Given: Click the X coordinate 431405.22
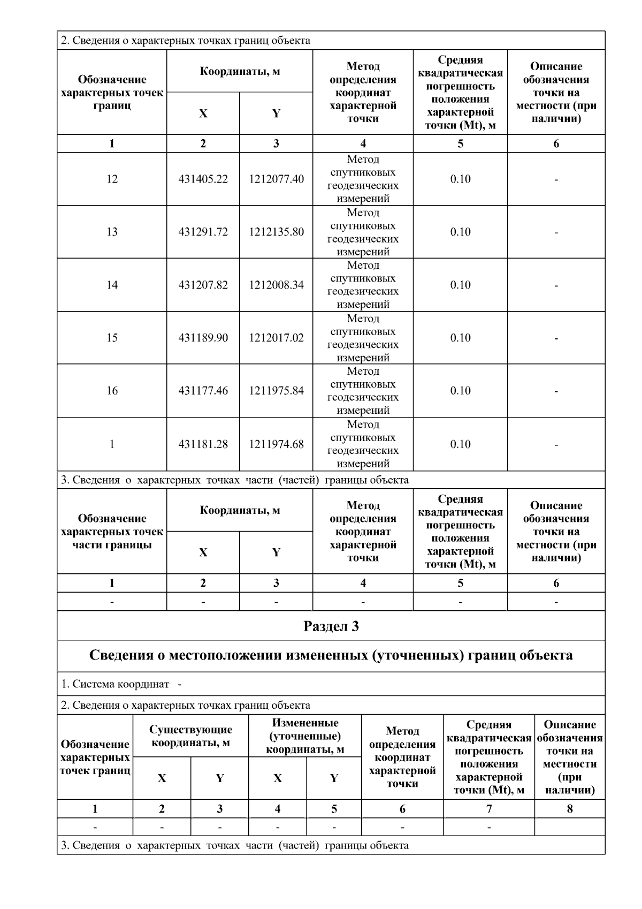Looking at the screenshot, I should (x=203, y=179).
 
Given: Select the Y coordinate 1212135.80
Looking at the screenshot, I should (x=276, y=232).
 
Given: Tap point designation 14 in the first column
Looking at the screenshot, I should (x=112, y=285).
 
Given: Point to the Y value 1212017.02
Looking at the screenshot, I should (x=276, y=338).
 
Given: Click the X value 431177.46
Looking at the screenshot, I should (x=203, y=391).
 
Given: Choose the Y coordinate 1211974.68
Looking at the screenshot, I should (x=276, y=444).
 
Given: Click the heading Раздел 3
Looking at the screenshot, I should (x=331, y=626).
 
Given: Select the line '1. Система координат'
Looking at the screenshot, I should (x=115, y=684).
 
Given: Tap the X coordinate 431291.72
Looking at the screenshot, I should (x=203, y=232).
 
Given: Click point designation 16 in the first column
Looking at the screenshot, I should (x=112, y=391).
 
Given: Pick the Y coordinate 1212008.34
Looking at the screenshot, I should (x=276, y=285).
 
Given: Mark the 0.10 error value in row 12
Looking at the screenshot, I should (x=460, y=179).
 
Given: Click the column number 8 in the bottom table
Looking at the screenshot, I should (x=570, y=809).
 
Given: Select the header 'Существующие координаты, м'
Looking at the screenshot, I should (x=190, y=736).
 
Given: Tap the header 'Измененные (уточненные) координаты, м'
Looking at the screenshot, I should (x=305, y=736).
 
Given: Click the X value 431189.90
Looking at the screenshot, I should (x=203, y=338).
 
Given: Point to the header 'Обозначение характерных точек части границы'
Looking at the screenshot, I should (x=112, y=532).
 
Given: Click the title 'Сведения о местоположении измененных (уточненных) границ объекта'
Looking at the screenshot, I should (x=331, y=656).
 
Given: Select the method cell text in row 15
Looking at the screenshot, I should (x=363, y=338).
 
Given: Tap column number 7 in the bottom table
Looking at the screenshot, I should (x=489, y=809).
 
